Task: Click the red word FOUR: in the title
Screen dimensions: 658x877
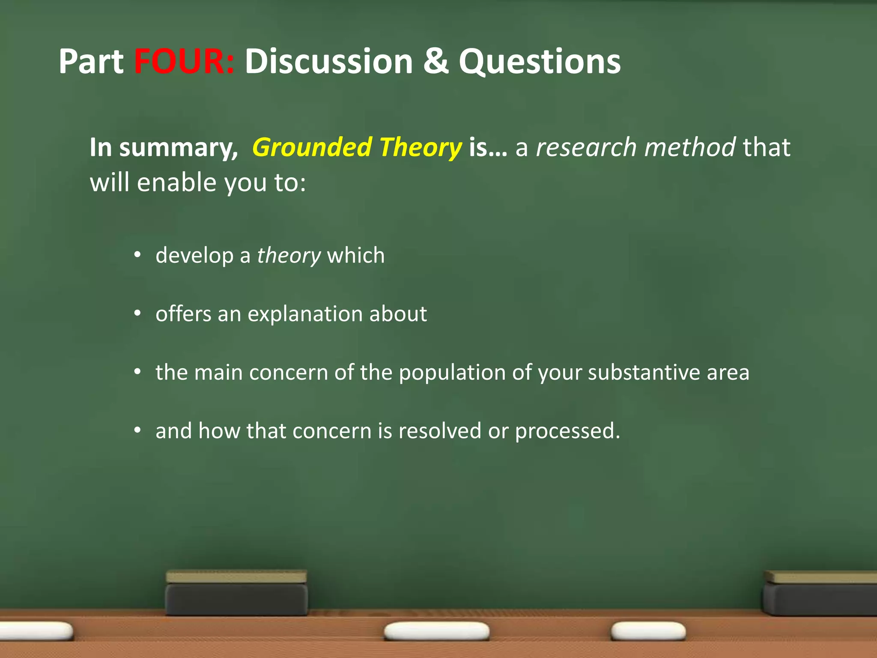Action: point(184,61)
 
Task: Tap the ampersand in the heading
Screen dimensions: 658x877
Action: point(436,61)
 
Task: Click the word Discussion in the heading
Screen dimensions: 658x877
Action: point(328,61)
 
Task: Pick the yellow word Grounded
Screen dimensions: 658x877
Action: point(312,148)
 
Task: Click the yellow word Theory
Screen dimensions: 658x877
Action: point(420,148)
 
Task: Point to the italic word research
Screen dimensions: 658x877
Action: point(586,147)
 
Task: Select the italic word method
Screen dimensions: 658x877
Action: point(690,147)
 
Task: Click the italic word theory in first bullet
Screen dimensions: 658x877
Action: point(289,256)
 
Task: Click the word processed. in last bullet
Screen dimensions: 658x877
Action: point(567,431)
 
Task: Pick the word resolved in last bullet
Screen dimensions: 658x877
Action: point(439,431)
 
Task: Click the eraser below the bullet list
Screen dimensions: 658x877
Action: point(236,593)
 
